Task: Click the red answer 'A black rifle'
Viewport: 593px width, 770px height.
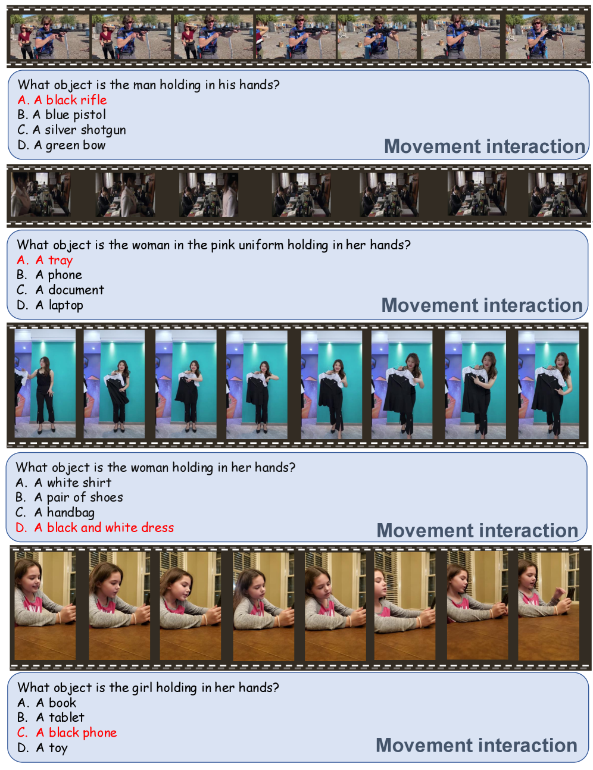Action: point(62,100)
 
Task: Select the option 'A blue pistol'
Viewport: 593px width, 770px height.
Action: point(61,115)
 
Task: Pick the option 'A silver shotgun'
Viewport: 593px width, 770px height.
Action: point(71,130)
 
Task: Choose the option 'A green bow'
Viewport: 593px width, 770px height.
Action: point(61,145)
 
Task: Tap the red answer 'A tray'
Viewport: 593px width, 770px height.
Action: point(45,260)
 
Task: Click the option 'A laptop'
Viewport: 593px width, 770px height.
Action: point(49,305)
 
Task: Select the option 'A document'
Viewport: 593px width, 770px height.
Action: point(60,290)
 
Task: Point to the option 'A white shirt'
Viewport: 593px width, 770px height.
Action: point(64,482)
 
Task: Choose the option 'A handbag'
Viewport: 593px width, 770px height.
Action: point(55,512)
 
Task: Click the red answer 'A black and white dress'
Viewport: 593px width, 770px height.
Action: point(95,527)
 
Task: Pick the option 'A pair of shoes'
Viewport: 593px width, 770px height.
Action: point(69,497)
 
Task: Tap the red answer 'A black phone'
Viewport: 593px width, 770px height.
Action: point(67,733)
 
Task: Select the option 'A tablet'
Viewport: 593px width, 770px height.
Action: point(51,718)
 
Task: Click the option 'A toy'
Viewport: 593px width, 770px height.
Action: point(42,747)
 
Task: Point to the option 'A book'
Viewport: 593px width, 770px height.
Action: point(47,702)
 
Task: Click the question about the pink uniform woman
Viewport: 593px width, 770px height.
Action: point(213,245)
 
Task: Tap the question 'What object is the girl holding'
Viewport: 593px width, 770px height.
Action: point(148,687)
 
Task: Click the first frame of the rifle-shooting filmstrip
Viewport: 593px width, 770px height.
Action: point(49,36)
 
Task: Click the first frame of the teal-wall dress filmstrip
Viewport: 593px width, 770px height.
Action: point(45,384)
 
